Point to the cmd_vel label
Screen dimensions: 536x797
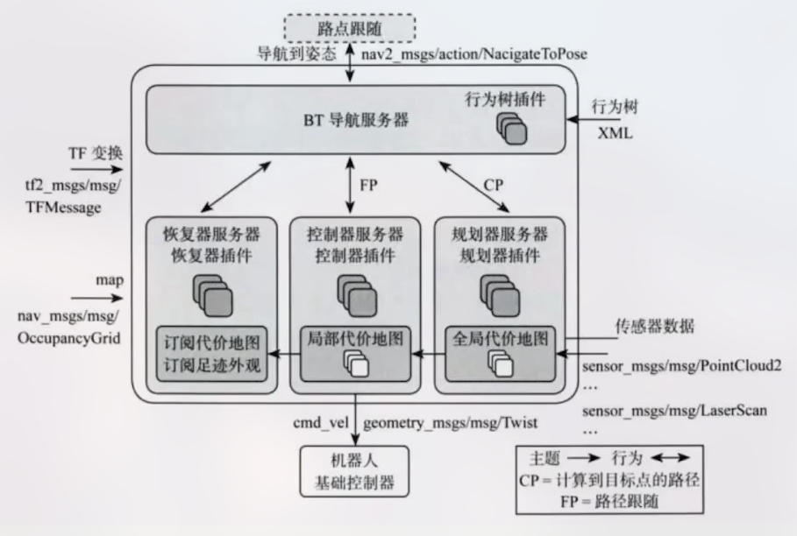(x=324, y=423)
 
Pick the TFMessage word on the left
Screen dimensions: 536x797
(x=63, y=208)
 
